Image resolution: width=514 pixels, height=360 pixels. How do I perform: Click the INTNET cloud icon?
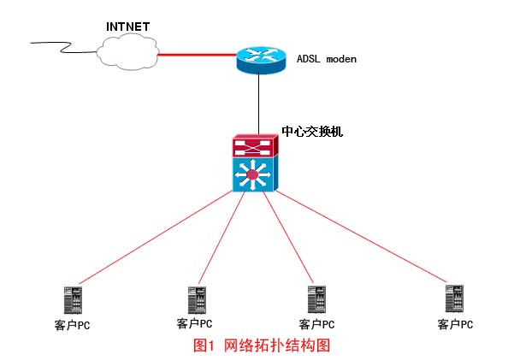pyautogui.click(x=127, y=53)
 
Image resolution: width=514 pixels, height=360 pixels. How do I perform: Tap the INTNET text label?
pyautogui.click(x=127, y=27)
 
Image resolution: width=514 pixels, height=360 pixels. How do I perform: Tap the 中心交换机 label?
pyautogui.click(x=312, y=133)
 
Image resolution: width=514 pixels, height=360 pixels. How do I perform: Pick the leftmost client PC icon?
pyautogui.click(x=71, y=300)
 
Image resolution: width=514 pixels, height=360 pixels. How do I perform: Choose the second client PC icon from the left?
pyautogui.click(x=196, y=300)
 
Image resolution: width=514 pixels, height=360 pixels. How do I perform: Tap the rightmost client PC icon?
pyautogui.click(x=455, y=299)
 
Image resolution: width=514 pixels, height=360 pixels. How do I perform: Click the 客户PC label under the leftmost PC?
pyautogui.click(x=71, y=325)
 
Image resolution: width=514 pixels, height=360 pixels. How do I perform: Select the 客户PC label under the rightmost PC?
pyautogui.click(x=455, y=324)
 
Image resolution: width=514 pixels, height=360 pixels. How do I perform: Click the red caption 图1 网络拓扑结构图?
pyautogui.click(x=261, y=345)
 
